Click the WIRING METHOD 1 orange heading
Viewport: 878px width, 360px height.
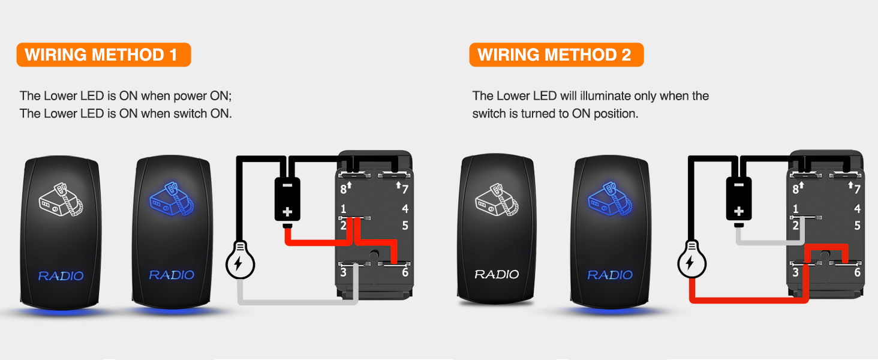[103, 55]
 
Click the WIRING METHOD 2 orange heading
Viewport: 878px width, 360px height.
[555, 55]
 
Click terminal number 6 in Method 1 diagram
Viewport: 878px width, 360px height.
[405, 272]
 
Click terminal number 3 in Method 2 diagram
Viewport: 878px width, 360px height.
[795, 272]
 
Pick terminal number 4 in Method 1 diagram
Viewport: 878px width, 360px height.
[405, 209]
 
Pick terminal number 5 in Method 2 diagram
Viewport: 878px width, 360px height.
[857, 226]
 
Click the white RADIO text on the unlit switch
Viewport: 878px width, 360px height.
[497, 274]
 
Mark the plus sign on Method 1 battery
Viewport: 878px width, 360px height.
[287, 212]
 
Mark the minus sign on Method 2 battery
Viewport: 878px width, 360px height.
[739, 184]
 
